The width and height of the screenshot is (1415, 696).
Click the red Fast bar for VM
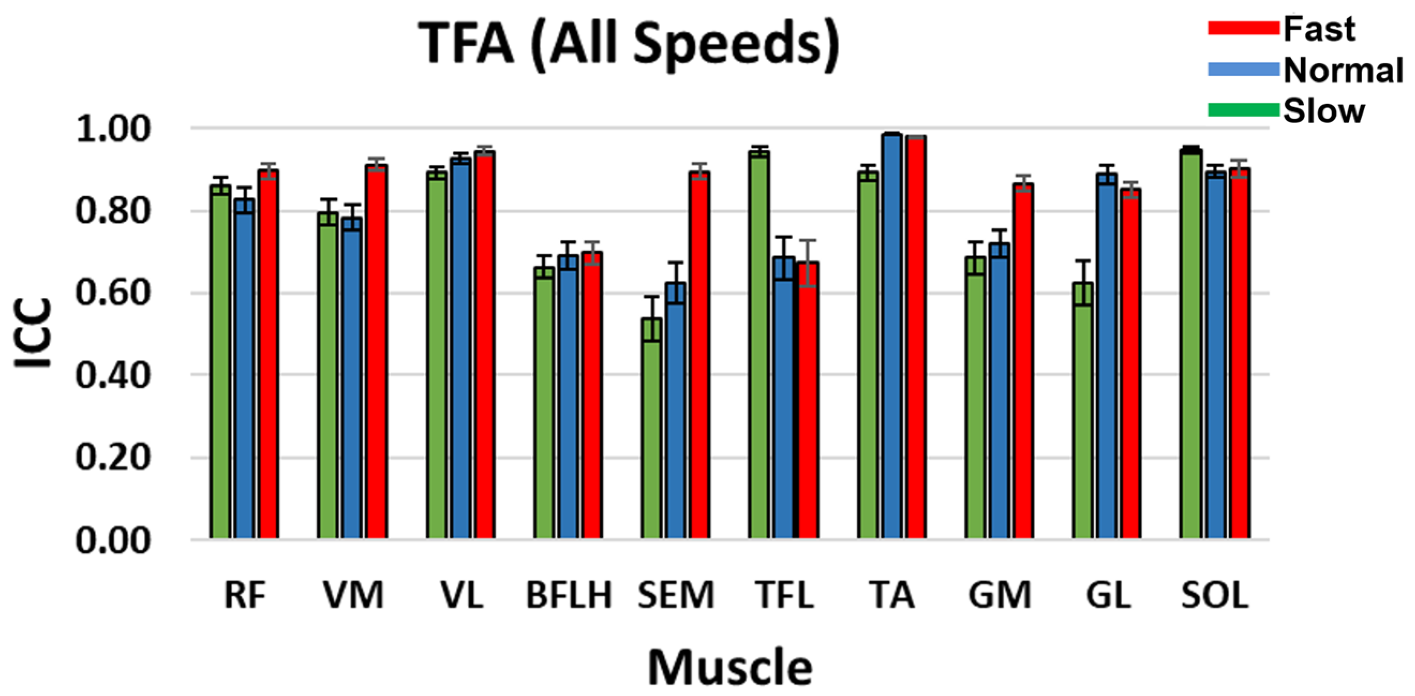coord(377,351)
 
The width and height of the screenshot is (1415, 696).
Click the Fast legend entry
coord(1319,28)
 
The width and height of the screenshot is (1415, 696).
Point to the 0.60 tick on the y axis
coord(113,293)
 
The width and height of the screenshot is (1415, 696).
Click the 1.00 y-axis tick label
coord(113,129)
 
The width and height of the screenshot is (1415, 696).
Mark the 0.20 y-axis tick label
coord(113,457)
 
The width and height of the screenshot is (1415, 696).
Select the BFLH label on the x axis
coord(568,595)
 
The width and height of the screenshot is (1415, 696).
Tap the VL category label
coord(462,595)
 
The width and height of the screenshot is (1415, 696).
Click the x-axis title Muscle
coord(730,667)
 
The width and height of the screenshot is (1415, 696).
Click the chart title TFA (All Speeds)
coord(630,44)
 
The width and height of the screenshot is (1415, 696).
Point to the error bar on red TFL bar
coord(807,263)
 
